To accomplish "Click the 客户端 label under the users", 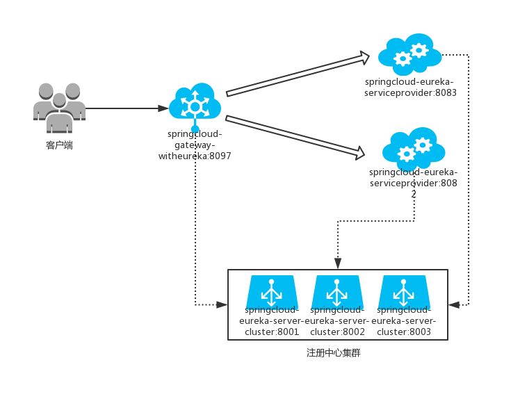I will click(x=59, y=145).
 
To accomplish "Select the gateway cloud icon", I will click(x=195, y=104).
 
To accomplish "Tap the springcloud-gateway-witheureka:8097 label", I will click(x=195, y=145).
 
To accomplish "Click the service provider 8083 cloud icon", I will click(x=410, y=54).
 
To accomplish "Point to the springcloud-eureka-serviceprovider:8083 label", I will click(x=410, y=87).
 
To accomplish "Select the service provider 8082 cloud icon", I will click(x=414, y=147).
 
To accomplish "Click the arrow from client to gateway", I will click(x=125, y=108).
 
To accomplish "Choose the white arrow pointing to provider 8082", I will click(x=295, y=135).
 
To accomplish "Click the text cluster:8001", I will click(x=271, y=332).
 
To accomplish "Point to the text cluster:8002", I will click(x=337, y=332).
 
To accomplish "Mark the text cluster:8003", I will click(x=403, y=332).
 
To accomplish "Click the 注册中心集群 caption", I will click(x=334, y=353).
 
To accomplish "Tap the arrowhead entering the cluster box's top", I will click(x=338, y=263).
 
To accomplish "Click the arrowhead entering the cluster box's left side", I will click(x=222, y=304).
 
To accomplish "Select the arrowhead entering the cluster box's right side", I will click(x=454, y=304).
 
